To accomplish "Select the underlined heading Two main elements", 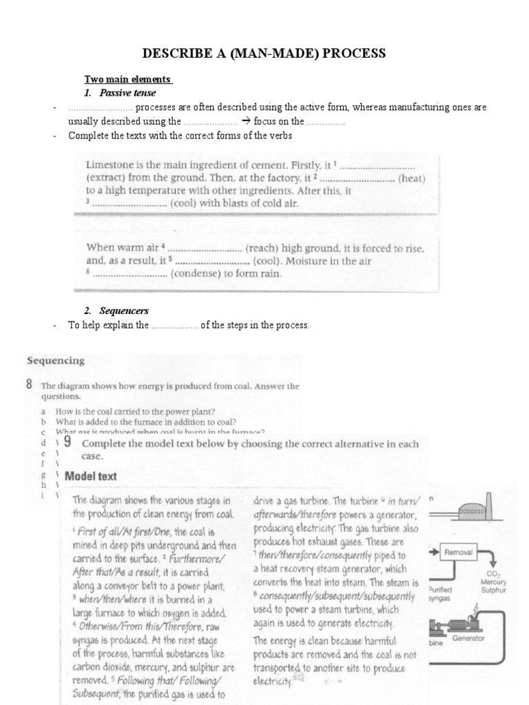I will point(127,80).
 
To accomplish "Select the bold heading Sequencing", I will point(55,360).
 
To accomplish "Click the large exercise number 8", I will point(30,386).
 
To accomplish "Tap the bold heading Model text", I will point(90,476).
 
